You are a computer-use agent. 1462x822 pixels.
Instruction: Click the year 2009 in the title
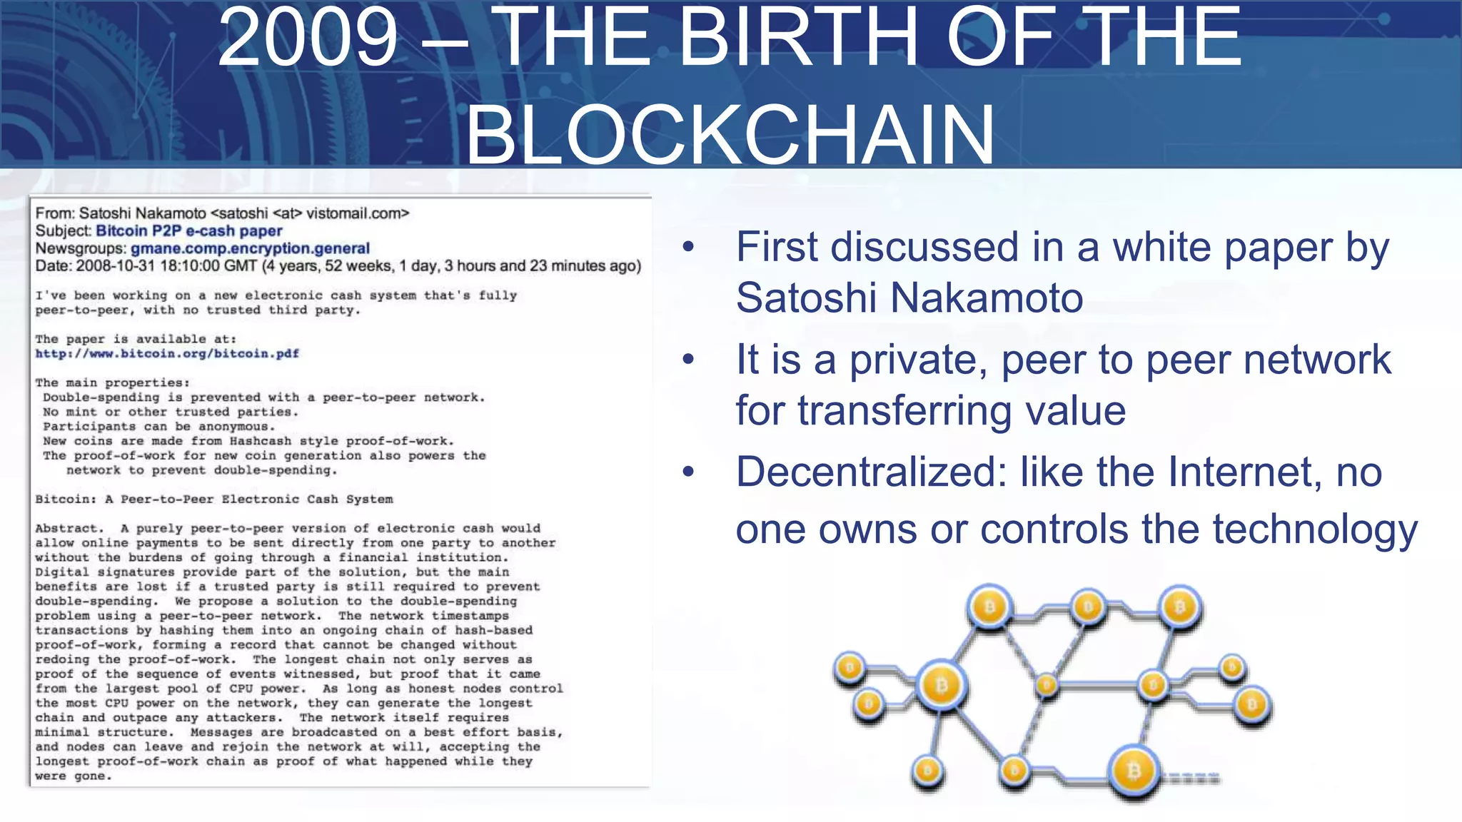pos(307,37)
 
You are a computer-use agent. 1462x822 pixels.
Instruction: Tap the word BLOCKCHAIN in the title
pos(730,134)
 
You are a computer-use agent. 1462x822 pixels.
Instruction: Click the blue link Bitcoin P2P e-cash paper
pos(189,230)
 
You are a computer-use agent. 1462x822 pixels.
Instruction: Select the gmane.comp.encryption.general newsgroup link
pos(250,248)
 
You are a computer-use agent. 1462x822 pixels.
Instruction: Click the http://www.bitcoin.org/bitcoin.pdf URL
pos(167,354)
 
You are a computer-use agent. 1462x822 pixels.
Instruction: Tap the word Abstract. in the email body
pos(69,529)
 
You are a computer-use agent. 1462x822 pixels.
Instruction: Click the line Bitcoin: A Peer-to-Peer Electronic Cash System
pos(214,499)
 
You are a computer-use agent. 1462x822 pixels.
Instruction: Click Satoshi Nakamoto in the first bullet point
pos(909,298)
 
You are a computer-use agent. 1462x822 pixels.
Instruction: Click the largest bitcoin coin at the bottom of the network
pos(1134,771)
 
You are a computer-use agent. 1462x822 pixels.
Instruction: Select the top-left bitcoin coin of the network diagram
pos(989,607)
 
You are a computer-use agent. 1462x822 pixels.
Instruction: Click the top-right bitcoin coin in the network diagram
pos(1179,607)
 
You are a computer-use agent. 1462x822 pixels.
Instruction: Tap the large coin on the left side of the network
pos(942,686)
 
